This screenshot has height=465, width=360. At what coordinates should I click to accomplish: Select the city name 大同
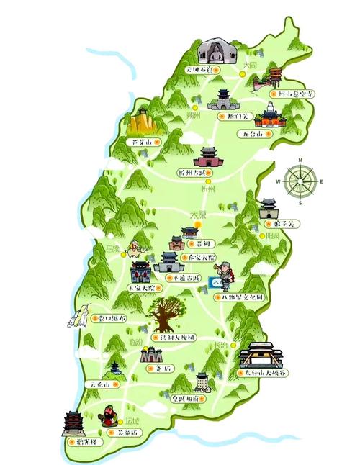[x=249, y=65]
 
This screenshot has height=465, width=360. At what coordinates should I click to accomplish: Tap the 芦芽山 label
[x=142, y=143]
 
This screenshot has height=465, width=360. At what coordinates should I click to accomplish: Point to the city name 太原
[x=198, y=215]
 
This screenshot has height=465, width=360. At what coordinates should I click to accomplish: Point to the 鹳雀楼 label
[x=82, y=442]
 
